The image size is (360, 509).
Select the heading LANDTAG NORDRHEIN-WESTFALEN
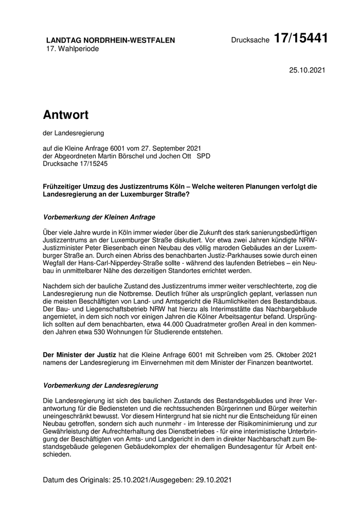pos(111,40)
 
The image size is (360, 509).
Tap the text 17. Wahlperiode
pos(73,49)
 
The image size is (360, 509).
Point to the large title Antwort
pos(66,115)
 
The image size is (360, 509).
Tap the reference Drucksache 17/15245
pos(76,163)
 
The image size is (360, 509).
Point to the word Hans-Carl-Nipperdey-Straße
pos(115,263)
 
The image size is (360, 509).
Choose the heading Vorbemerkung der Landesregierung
pos(101,385)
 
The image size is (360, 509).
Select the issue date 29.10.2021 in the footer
pos(213,480)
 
